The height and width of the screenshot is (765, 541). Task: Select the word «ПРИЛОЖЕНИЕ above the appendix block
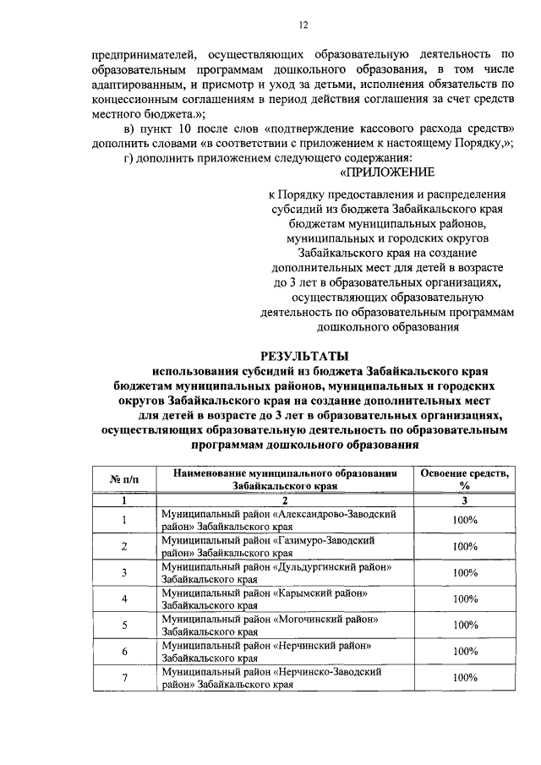[x=386, y=172]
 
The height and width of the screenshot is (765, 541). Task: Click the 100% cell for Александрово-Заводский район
[x=464, y=520]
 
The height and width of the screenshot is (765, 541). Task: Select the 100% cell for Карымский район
[x=464, y=598]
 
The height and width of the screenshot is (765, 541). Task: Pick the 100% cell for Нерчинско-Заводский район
[x=464, y=678]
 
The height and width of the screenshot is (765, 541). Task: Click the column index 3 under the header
[x=464, y=500]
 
